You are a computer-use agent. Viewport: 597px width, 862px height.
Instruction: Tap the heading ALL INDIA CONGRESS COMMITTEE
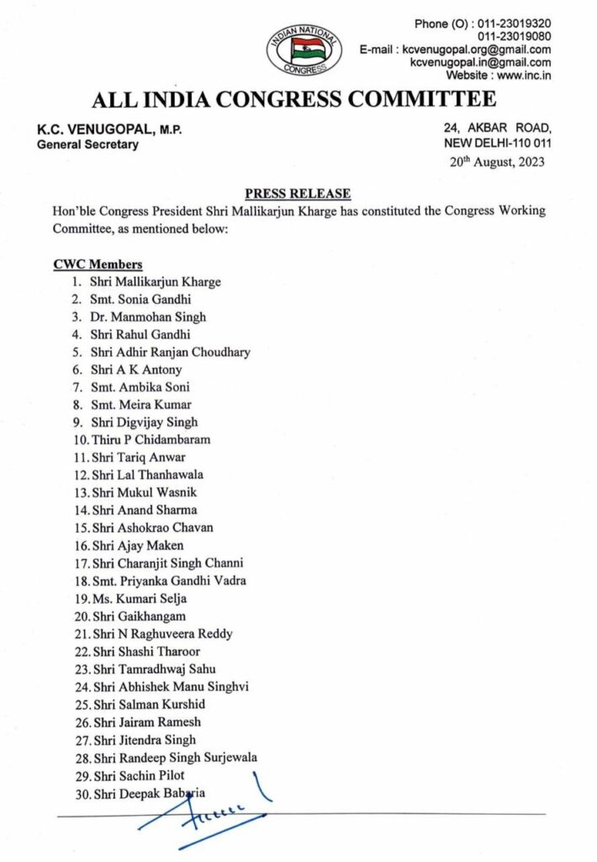click(293, 100)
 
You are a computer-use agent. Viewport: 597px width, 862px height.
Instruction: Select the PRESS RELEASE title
click(298, 194)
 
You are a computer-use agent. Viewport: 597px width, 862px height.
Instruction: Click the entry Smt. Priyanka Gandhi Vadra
click(168, 580)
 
